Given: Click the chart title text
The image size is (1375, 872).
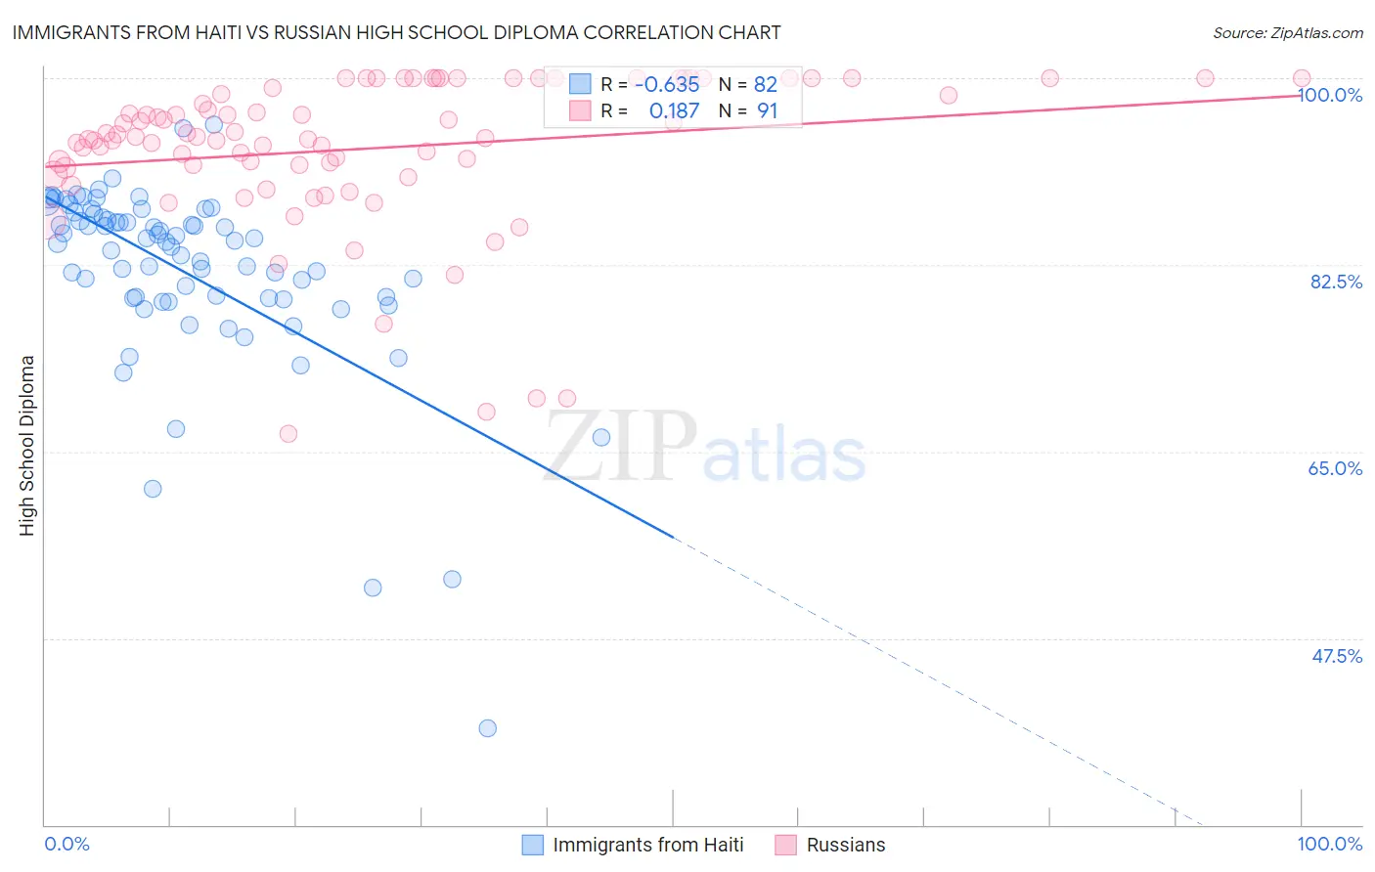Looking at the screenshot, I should (x=396, y=32).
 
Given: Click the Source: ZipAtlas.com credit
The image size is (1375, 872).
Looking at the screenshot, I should (x=1287, y=33).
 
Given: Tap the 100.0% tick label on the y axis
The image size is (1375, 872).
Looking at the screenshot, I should (x=1330, y=95).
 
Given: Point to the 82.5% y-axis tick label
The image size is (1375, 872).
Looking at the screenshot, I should (x=1336, y=282).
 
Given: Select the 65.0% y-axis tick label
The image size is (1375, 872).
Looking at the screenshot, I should (x=1335, y=468).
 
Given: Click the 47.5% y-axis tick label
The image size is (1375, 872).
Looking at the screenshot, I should (x=1336, y=656).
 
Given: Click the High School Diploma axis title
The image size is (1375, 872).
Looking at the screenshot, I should (x=27, y=445).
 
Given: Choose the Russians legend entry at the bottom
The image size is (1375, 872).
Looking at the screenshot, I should (x=845, y=846).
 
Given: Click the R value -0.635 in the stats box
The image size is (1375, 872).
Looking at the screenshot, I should (x=667, y=85).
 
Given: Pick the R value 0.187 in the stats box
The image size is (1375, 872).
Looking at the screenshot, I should (x=674, y=111).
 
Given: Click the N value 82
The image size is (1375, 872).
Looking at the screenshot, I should (x=765, y=85).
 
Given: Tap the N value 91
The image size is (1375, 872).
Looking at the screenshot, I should (x=767, y=111).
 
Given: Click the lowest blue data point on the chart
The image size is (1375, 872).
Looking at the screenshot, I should (x=487, y=728).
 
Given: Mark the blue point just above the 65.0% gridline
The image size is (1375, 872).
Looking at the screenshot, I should (x=601, y=437).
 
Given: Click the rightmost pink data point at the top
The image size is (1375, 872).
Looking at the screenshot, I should (x=1302, y=78).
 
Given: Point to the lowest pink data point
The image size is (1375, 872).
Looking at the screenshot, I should (x=288, y=433).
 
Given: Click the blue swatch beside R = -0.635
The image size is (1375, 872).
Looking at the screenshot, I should (x=580, y=84).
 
